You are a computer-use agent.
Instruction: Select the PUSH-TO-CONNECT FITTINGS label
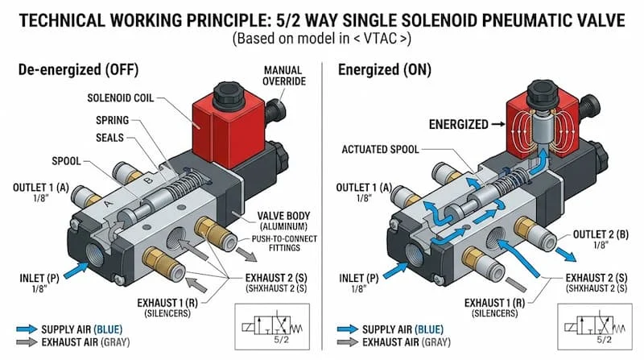pos(278,244)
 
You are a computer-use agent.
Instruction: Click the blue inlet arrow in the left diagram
pos(72,264)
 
